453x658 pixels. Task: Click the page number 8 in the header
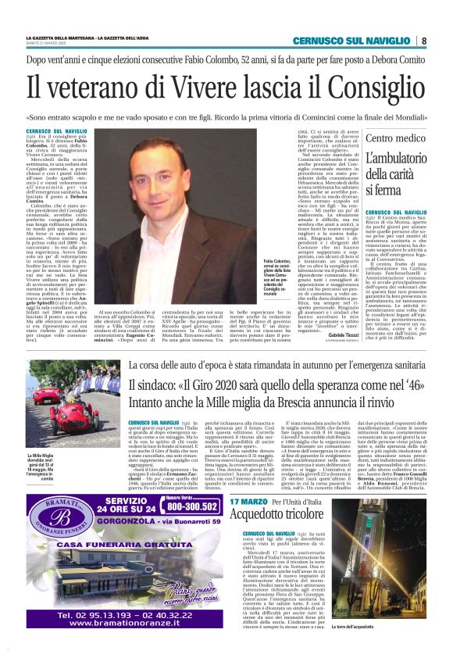423,41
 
